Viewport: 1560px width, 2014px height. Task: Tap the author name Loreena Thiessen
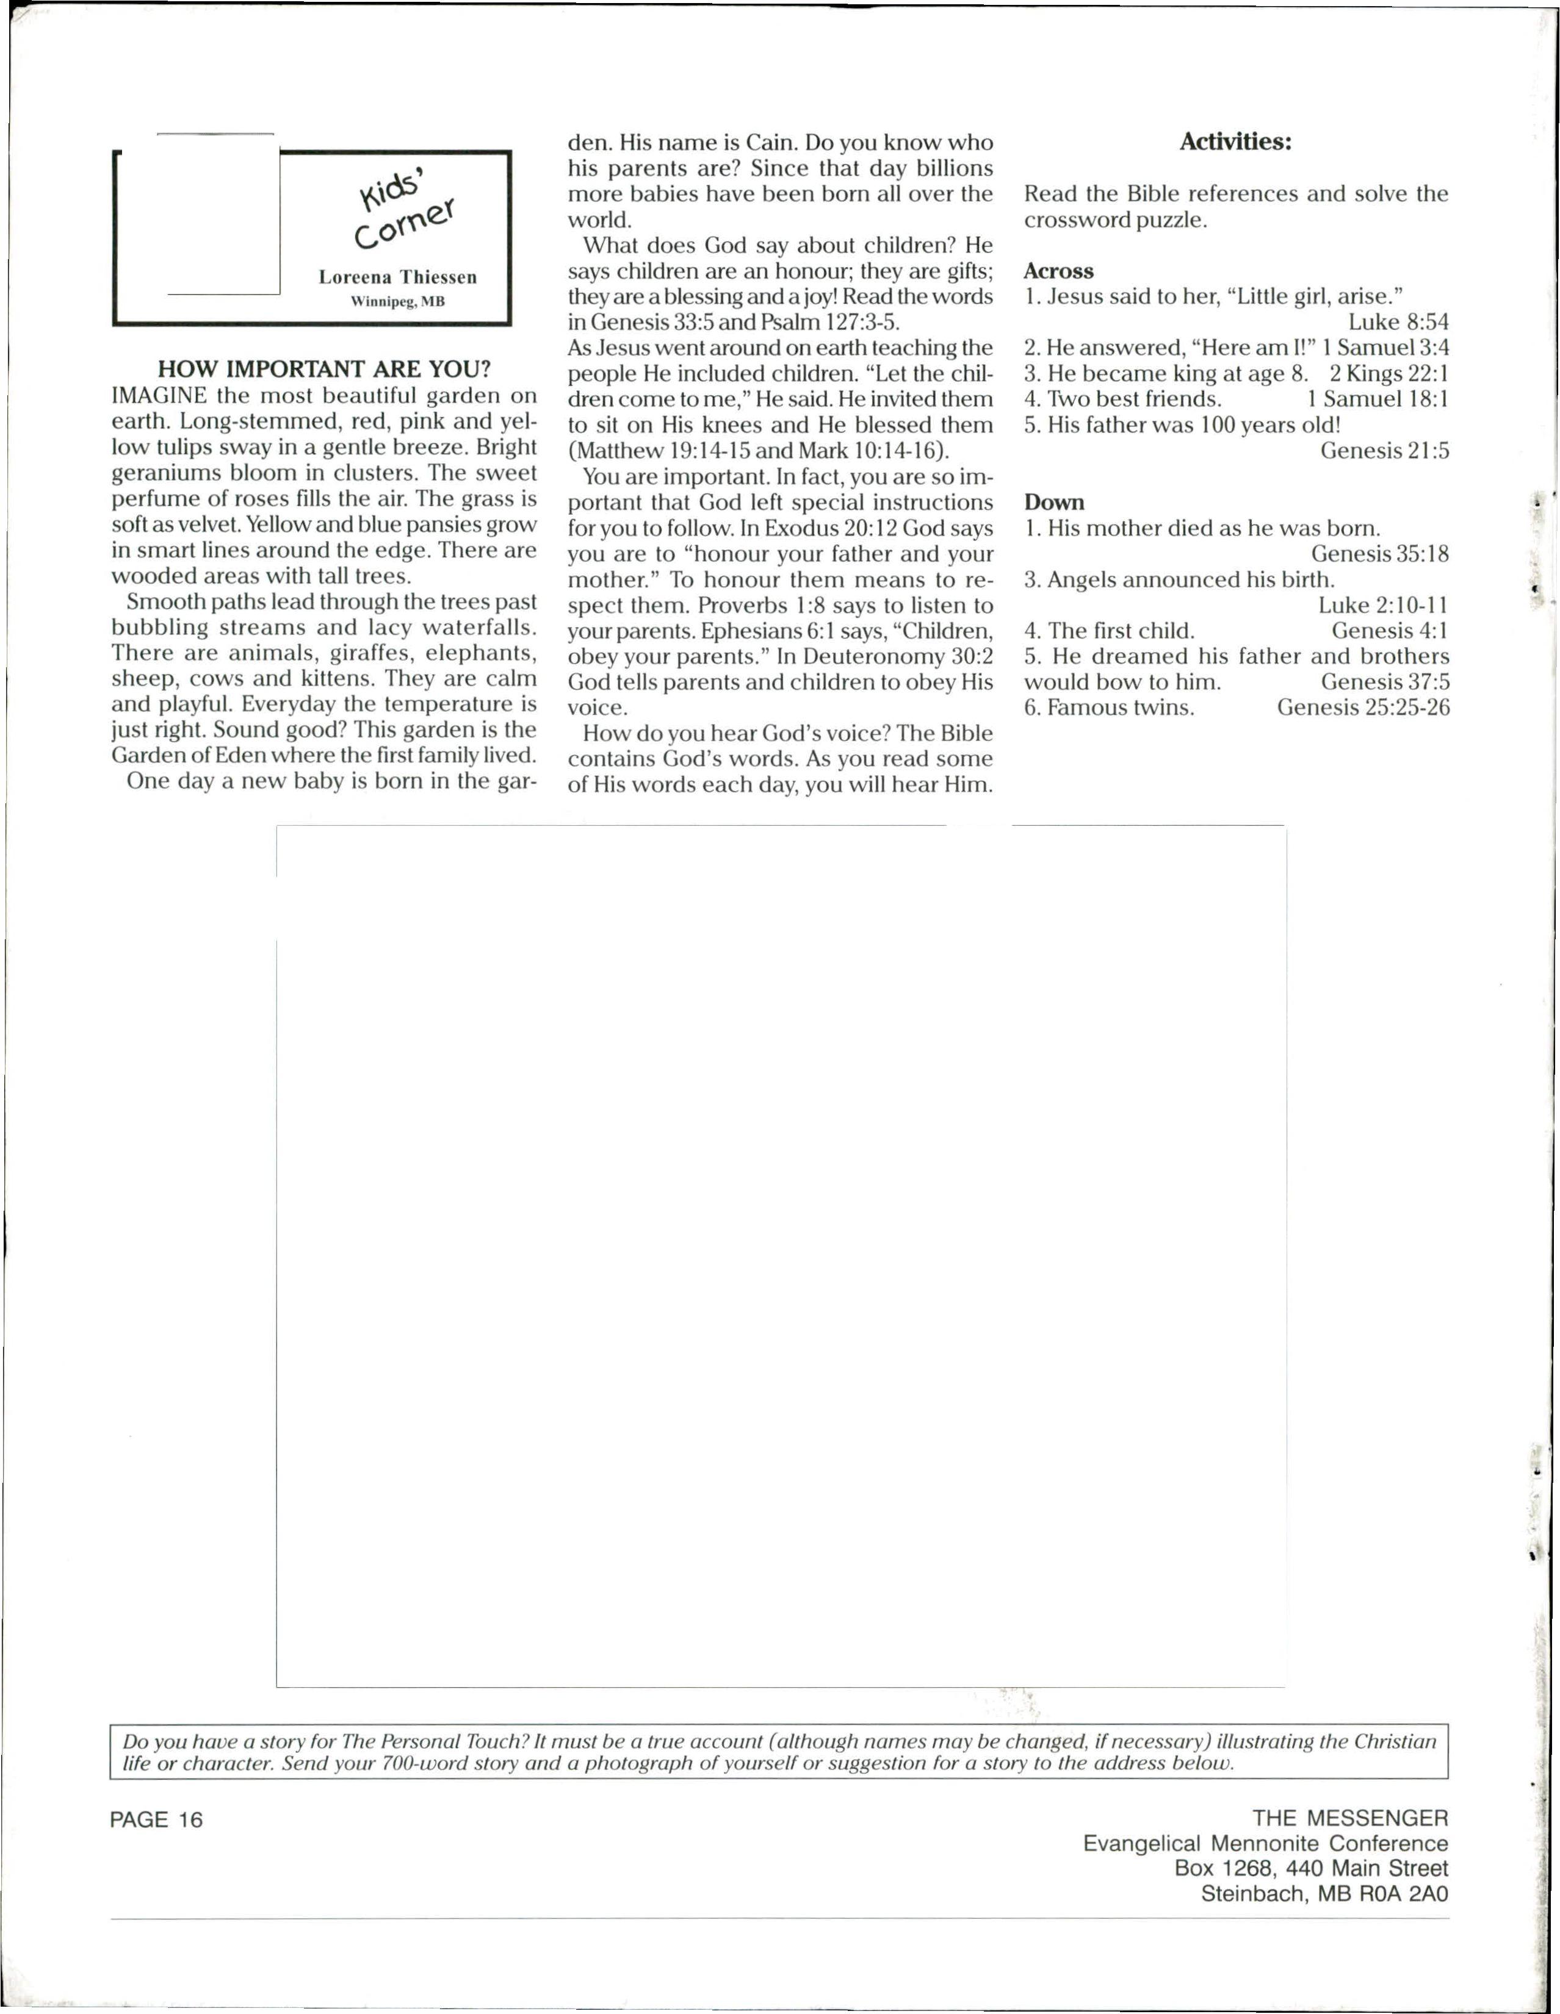[x=397, y=278]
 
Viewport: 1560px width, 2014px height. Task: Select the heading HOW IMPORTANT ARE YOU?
[x=324, y=369]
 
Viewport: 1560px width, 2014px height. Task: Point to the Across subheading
[x=1058, y=271]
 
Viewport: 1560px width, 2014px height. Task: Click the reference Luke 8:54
[x=1398, y=322]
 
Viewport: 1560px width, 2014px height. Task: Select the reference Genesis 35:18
[x=1379, y=554]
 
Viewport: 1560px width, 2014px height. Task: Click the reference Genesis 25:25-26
[x=1363, y=708]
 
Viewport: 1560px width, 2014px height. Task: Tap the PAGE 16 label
[x=156, y=1819]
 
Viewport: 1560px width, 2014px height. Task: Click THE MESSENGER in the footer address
[x=1349, y=1818]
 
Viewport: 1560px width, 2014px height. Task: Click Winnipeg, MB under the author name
[x=397, y=301]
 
